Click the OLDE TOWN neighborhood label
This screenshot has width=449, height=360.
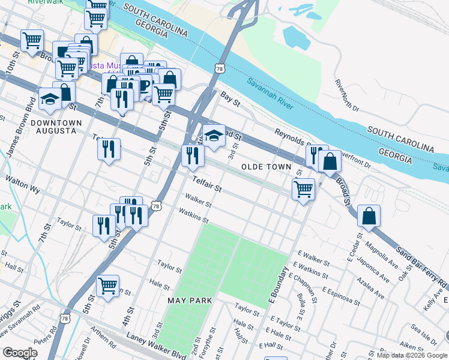pos(266,167)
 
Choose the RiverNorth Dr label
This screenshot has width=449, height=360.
pos(346,95)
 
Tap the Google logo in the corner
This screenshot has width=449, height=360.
pos(20,352)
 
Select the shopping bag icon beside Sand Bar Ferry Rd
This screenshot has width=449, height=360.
pos(369,215)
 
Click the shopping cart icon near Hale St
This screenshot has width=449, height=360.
pos(107,285)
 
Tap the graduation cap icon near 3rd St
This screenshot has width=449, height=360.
pos(213,136)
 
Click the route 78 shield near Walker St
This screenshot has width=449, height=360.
pos(157,206)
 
